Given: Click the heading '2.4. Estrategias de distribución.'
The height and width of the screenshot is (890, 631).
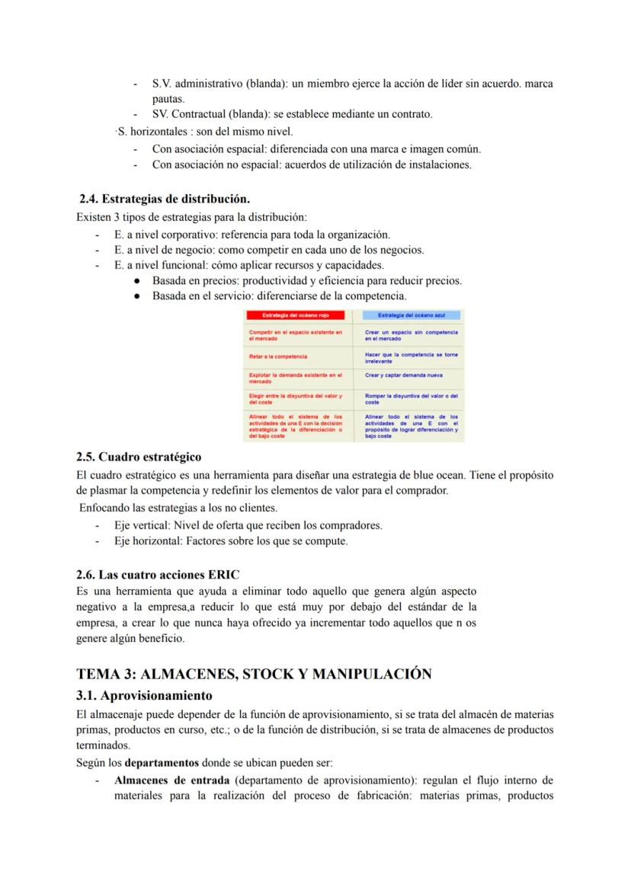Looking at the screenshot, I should click(x=165, y=199).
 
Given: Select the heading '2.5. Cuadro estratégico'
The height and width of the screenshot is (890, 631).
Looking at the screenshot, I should click(x=139, y=457).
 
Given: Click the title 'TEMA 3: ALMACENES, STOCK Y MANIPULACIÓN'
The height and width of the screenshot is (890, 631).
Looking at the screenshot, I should click(x=254, y=674).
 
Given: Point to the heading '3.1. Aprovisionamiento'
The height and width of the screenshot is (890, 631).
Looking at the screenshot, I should click(x=144, y=695).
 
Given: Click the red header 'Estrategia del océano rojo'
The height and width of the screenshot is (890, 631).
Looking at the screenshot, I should click(x=294, y=315).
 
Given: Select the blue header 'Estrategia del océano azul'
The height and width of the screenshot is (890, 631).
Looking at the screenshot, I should click(x=411, y=315).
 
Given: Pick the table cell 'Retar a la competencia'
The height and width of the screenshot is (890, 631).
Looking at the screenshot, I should click(x=278, y=356).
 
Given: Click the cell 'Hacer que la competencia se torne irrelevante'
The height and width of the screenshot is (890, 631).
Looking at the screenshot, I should click(x=411, y=357).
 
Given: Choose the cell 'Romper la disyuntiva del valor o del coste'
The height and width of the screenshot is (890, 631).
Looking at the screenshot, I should click(x=411, y=398).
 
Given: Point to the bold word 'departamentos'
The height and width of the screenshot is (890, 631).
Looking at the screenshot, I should click(x=157, y=762).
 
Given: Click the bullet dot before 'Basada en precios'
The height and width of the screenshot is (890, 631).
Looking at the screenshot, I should click(x=136, y=281).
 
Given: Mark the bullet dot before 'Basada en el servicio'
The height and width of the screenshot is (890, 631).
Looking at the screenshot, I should click(x=136, y=295).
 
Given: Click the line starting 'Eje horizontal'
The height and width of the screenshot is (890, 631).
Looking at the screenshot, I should click(x=231, y=541).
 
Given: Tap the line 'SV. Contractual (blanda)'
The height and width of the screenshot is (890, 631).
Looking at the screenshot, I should click(x=292, y=114).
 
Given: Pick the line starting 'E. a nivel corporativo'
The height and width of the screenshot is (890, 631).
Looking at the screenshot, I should click(x=251, y=234).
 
